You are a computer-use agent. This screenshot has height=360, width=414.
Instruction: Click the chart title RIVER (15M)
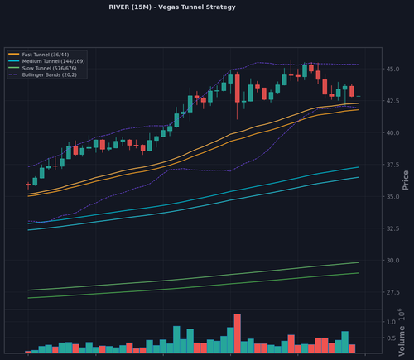(130, 7)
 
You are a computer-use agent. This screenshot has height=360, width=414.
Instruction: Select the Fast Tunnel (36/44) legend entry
(46, 55)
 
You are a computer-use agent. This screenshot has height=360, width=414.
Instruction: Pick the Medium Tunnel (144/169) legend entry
(53, 61)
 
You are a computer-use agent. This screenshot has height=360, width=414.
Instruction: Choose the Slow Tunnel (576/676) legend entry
(49, 68)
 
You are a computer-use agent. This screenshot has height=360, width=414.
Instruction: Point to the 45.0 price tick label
(392, 69)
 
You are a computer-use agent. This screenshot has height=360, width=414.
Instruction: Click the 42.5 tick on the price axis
(392, 101)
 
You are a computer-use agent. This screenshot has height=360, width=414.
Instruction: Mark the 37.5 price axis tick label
(392, 165)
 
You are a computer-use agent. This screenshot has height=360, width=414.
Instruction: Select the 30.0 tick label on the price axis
(392, 261)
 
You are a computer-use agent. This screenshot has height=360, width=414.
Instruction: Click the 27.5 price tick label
(392, 292)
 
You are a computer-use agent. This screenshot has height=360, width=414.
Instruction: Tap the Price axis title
(405, 180)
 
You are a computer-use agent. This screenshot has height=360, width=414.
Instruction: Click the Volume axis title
(402, 340)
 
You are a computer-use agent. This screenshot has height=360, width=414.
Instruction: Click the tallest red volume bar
(238, 334)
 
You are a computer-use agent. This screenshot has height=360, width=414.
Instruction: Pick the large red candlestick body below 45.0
(238, 89)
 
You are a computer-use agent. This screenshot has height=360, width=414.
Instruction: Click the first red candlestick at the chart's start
(28, 185)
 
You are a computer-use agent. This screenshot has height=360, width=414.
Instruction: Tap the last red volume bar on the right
(352, 348)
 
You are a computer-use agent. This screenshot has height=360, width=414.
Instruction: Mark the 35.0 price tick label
(392, 197)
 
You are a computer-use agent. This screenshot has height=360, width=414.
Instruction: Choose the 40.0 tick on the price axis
(392, 133)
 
